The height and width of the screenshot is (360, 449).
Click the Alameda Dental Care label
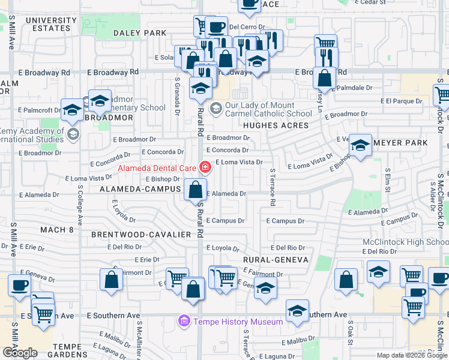click(158, 168)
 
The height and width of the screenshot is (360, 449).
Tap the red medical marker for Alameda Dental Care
click(205, 167)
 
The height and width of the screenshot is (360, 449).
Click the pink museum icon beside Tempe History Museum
click(184, 322)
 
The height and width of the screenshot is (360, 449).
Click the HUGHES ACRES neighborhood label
click(276, 126)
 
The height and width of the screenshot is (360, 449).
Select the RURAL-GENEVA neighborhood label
click(276, 260)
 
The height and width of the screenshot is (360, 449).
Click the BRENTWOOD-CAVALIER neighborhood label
click(141, 234)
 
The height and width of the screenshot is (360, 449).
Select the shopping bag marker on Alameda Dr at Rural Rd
click(196, 190)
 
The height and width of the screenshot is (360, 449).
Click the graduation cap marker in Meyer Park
click(360, 145)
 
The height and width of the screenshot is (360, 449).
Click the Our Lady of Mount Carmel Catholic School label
click(268, 109)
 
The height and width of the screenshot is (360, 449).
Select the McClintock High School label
click(405, 242)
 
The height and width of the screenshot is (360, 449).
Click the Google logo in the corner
click(20, 352)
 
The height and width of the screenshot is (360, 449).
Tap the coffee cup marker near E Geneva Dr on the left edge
click(19, 286)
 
